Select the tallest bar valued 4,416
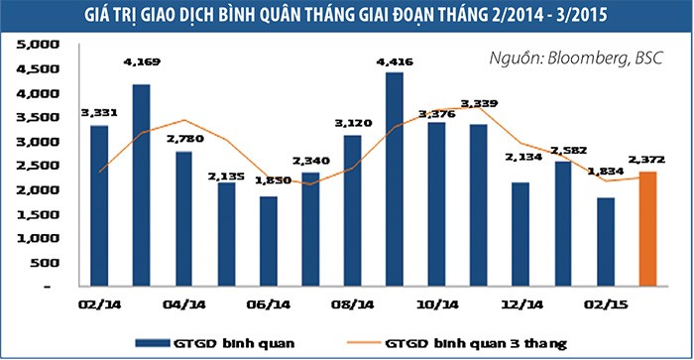coord(395,179)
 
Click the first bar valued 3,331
coord(98,204)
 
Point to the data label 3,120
coord(351,125)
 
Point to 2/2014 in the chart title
coord(491,16)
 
